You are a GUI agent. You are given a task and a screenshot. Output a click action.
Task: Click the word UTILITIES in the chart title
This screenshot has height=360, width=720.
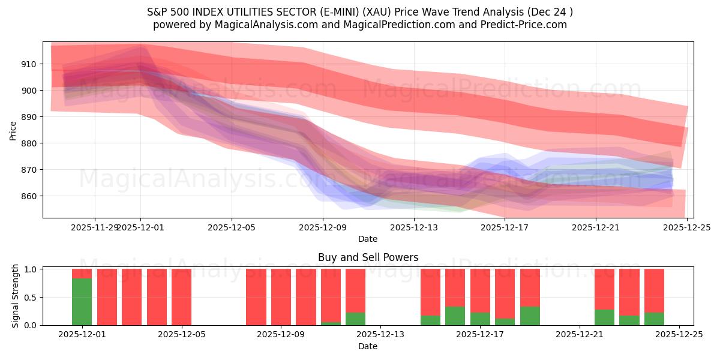[x=257, y=11]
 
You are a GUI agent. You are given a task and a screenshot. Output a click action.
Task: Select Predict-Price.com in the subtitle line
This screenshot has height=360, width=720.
[x=521, y=25]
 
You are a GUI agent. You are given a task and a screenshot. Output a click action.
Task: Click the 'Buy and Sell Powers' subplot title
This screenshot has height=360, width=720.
[x=368, y=257]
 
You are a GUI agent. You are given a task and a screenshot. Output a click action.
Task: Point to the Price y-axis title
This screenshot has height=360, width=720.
[x=13, y=130]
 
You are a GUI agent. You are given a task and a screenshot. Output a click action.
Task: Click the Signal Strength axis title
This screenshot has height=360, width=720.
[x=16, y=296]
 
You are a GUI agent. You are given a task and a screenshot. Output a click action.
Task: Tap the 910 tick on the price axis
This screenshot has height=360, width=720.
[x=29, y=64]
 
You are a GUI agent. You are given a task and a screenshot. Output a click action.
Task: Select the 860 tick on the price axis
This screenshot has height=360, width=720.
[x=29, y=196]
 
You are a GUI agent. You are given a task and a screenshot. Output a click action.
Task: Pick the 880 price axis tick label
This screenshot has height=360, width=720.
[x=29, y=143]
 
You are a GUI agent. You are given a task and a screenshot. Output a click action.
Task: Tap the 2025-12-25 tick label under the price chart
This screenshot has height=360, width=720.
[x=686, y=227]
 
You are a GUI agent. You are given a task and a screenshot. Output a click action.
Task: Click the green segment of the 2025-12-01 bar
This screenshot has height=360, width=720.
[x=82, y=301]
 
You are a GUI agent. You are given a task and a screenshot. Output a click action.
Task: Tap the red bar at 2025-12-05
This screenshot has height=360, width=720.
[x=181, y=297]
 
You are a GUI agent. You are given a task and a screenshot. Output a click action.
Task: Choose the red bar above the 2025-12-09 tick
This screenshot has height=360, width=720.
[x=281, y=297]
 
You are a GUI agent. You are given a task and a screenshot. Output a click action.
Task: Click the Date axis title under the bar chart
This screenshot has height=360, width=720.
[x=368, y=346]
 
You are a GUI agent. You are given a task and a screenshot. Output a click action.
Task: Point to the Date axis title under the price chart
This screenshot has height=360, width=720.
[x=368, y=239]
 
